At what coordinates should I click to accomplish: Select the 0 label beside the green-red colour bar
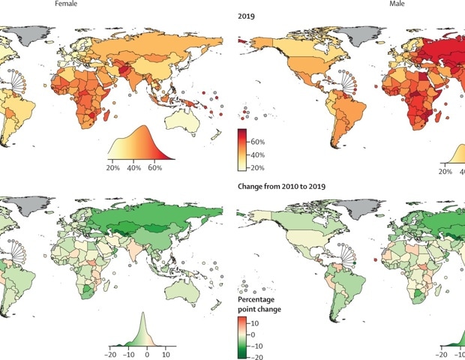256,333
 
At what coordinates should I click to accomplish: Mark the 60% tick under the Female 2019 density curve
154,168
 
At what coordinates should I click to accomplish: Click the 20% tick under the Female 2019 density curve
115,168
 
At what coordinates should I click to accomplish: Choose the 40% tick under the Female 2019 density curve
134,168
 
